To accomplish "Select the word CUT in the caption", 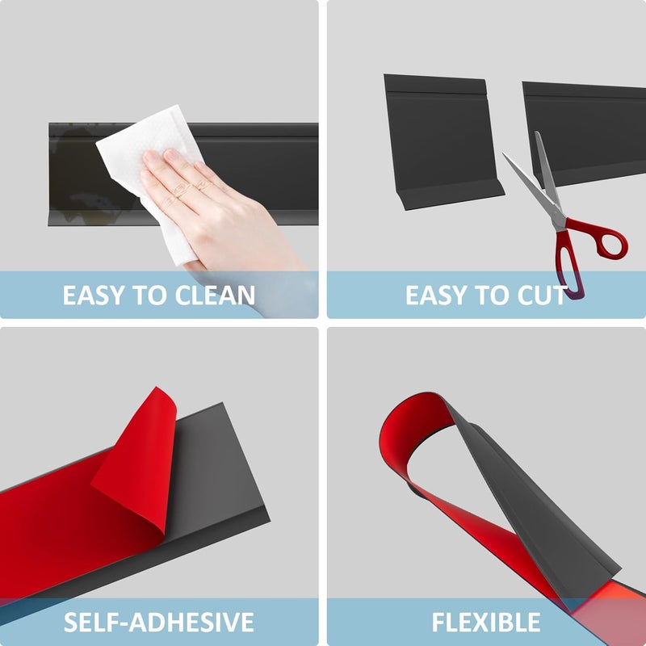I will point(540,295).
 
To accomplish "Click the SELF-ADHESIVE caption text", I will point(159,623).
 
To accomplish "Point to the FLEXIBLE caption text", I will point(485,623).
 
